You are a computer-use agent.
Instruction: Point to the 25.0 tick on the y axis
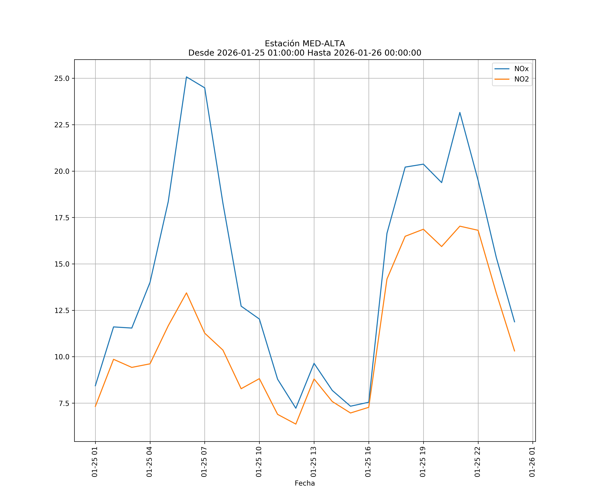tap(62, 79)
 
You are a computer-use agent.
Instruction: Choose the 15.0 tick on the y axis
tap(62, 264)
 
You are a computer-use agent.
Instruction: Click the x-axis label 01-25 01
tap(95, 462)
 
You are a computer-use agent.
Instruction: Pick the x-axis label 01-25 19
tap(423, 462)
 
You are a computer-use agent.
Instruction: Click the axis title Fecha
tap(305, 483)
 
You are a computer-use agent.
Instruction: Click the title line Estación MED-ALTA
tap(305, 44)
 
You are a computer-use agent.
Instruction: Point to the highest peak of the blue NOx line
tap(186, 77)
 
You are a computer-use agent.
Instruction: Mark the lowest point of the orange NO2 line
tap(296, 424)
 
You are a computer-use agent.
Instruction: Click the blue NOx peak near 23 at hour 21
tap(460, 113)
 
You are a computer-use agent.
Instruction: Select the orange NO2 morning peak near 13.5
tap(186, 293)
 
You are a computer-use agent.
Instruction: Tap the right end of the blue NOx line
tap(515, 322)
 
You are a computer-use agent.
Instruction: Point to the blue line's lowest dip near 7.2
tap(296, 408)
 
